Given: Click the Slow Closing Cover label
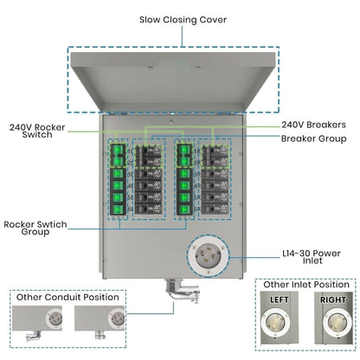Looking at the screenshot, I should [x=179, y=19].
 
